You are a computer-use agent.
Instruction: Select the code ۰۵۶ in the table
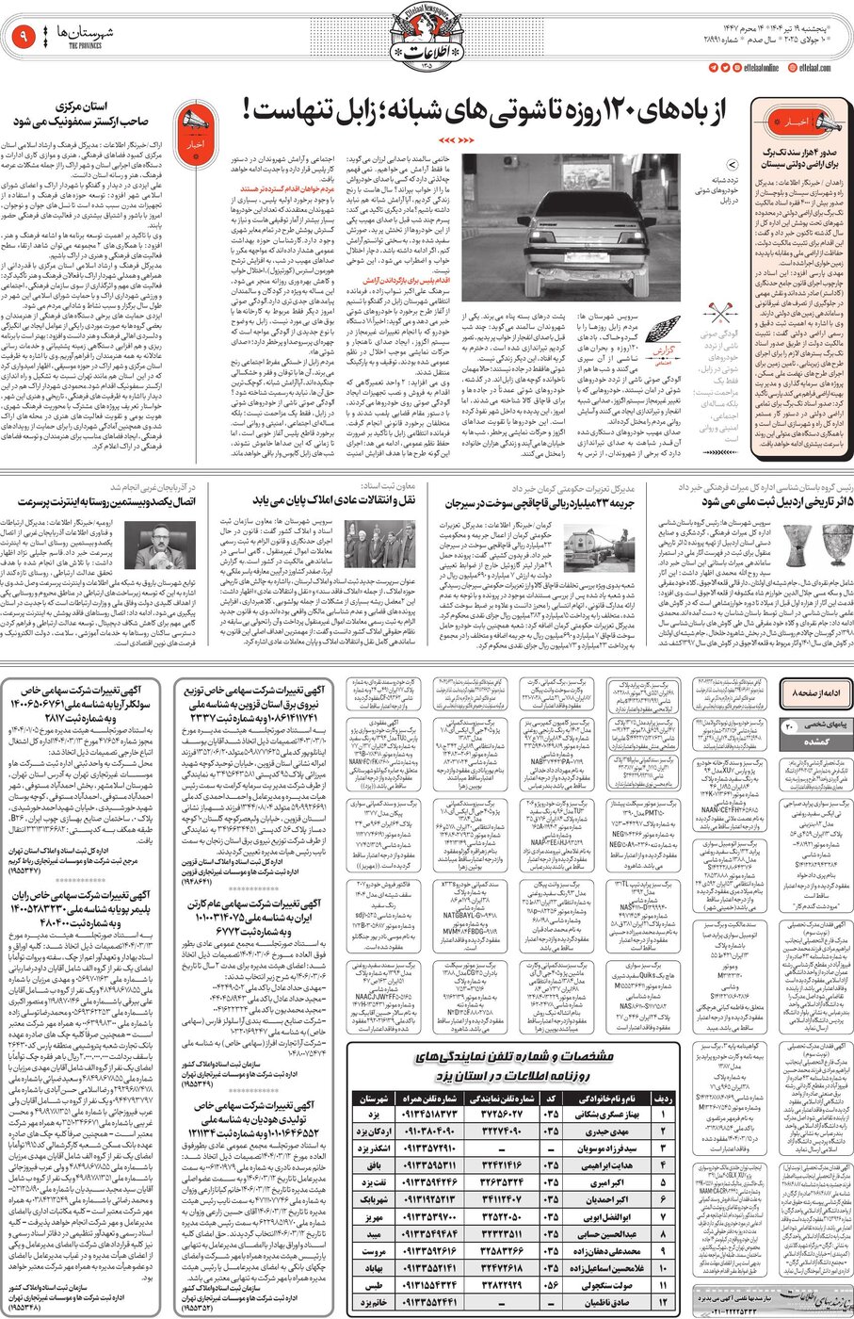coord(551,1284)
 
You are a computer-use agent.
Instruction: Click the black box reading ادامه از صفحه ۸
coord(814,692)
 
